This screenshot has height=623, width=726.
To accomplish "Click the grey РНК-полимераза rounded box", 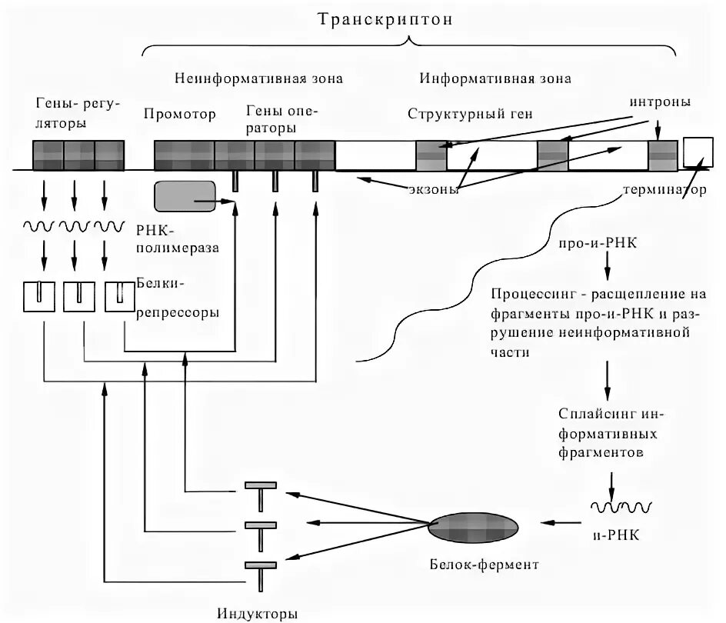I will [x=185, y=196].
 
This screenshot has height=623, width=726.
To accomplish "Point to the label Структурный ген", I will [x=470, y=114].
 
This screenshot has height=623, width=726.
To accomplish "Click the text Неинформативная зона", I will [x=258, y=78].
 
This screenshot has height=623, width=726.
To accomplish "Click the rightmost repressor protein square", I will [x=118, y=297].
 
